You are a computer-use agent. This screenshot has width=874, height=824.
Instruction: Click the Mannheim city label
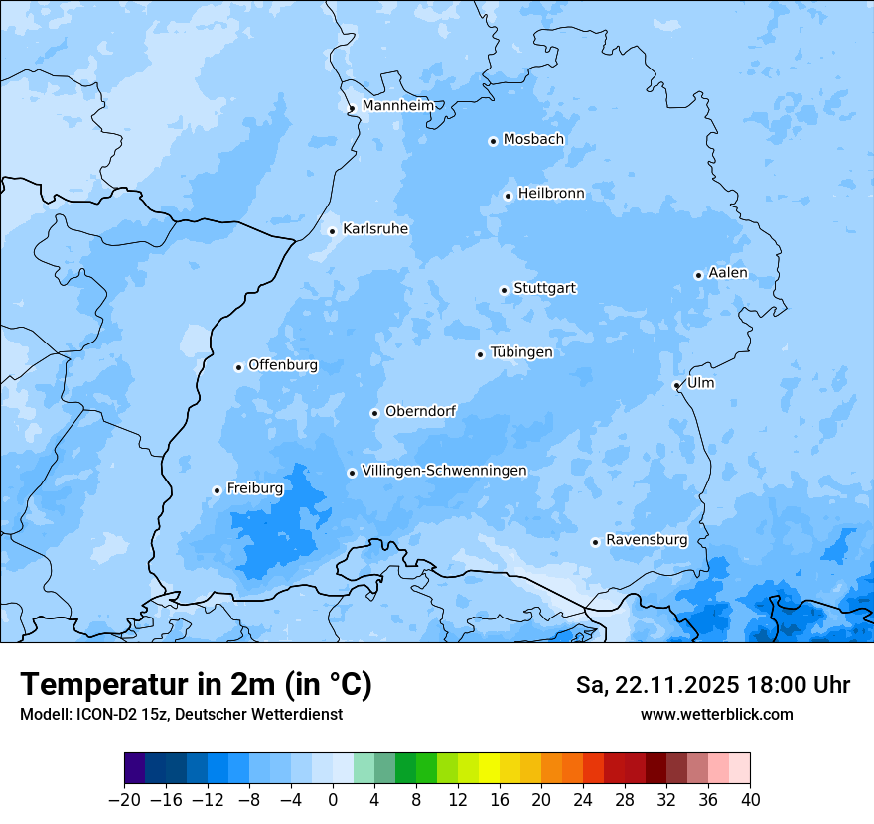(x=397, y=106)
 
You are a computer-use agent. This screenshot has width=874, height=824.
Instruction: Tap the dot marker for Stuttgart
(x=504, y=290)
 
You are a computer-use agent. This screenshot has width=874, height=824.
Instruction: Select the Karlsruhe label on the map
(x=374, y=229)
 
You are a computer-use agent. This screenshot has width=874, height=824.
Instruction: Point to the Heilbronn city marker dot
(x=508, y=196)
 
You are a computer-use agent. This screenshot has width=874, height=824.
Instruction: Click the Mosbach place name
(x=532, y=140)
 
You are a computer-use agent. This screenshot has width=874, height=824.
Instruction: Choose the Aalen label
(x=727, y=273)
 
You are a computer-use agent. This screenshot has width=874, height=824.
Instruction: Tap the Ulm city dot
(x=676, y=385)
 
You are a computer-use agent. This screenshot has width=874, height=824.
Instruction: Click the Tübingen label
(x=520, y=352)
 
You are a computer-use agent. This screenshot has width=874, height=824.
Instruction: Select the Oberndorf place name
(x=420, y=411)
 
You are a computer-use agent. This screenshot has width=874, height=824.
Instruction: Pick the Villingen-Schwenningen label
(x=444, y=471)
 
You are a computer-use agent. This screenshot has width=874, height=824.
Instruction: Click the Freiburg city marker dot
(x=217, y=490)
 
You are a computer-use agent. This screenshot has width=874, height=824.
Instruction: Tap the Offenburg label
(x=282, y=365)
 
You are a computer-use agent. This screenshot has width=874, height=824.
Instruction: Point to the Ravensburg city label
(x=646, y=540)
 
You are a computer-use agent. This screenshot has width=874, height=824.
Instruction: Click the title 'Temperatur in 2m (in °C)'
(x=196, y=685)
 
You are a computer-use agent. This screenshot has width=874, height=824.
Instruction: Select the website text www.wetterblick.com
(x=716, y=714)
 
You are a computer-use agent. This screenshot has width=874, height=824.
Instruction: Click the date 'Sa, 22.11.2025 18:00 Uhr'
(x=712, y=685)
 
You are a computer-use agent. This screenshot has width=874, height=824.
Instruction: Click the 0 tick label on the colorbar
(x=333, y=800)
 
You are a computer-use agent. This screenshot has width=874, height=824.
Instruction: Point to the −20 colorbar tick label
(x=124, y=800)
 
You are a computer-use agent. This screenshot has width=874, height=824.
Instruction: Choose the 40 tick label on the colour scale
(x=750, y=800)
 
